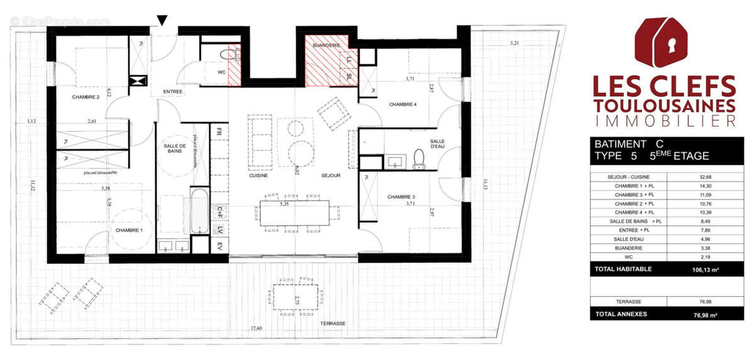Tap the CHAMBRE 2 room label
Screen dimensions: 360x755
[86, 97]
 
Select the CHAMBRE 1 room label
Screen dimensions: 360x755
[129, 230]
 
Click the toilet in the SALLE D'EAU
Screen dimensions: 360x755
[419, 160]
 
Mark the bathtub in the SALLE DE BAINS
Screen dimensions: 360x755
[199, 211]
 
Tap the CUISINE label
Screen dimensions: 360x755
[259, 176]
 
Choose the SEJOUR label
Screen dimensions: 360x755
[330, 176]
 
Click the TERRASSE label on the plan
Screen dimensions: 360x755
[332, 323]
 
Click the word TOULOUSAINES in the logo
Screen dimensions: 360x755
[664, 104]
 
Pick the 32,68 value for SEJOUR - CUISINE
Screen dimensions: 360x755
[710, 177]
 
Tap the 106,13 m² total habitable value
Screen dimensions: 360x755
[708, 269]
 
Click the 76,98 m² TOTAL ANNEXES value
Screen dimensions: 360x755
[708, 313]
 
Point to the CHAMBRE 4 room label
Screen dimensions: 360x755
[403, 104]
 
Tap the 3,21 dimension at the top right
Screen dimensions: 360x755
[514, 43]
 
